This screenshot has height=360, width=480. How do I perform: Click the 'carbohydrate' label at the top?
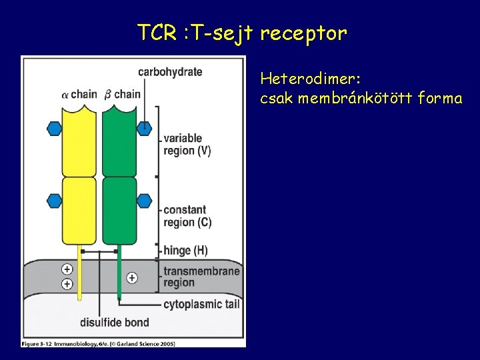pyautogui.click(x=170, y=71)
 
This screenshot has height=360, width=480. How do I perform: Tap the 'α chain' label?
pyautogui.click(x=79, y=94)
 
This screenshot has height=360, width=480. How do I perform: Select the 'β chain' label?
pyautogui.click(x=123, y=94)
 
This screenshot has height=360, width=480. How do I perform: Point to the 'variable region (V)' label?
pyautogui.click(x=187, y=144)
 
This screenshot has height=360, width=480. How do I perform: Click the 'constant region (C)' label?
pyautogui.click(x=187, y=216)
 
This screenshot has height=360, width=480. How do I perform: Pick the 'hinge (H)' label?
pyautogui.click(x=185, y=251)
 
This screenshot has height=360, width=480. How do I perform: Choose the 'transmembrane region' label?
pyautogui.click(x=201, y=277)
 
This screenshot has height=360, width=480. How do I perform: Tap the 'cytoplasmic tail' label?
pyautogui.click(x=201, y=305)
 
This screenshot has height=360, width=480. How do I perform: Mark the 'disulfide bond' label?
pyautogui.click(x=114, y=323)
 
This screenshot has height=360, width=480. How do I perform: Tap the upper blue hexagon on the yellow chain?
pyautogui.click(x=55, y=128)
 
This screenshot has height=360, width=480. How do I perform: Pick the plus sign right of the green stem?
pyautogui.click(x=132, y=277)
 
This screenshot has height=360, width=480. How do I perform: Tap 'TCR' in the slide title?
pyautogui.click(x=156, y=32)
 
